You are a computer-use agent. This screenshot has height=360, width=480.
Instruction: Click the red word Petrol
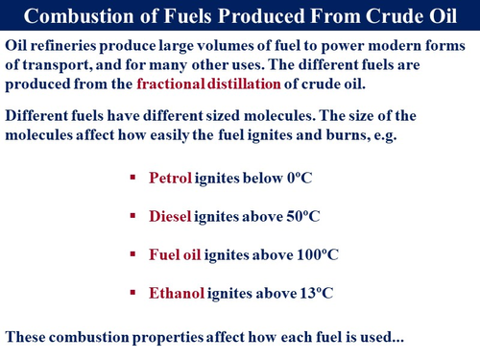171,179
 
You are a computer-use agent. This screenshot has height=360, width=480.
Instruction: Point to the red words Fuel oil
178,256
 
